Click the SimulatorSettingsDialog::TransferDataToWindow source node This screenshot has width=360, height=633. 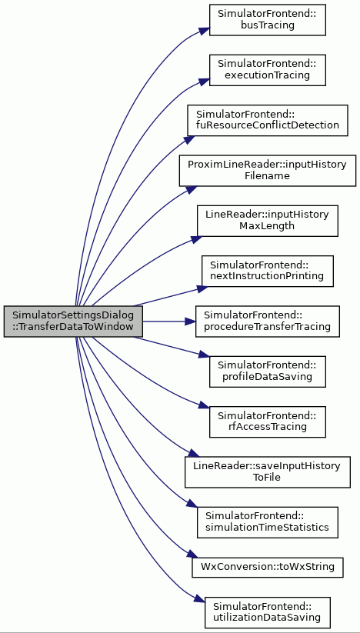coord(73,321)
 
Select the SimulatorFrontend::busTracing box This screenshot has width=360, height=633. coord(267,20)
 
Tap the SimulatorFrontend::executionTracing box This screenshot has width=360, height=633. coord(267,70)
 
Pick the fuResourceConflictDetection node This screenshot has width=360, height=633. coord(267,120)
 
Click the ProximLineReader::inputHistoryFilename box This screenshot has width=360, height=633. coord(268,170)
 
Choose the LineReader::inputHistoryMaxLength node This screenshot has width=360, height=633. coord(267,221)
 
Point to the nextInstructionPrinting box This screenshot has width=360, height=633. coord(267,272)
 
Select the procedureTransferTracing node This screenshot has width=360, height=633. coord(267,321)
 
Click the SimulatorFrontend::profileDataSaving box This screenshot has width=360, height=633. coord(267,371)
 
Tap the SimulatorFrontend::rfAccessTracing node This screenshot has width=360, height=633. coord(267,421)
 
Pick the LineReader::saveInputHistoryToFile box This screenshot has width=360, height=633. coord(267,472)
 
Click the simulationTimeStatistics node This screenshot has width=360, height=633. coord(267,522)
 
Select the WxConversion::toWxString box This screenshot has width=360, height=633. coord(268,567)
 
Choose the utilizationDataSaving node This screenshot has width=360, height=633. coord(267,613)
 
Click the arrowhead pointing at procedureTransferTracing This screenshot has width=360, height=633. coord(191,321)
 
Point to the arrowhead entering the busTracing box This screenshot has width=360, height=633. coord(205,31)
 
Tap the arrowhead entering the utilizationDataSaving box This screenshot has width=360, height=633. coord(200,598)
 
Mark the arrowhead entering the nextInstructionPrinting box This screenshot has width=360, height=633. coord(202,288)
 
